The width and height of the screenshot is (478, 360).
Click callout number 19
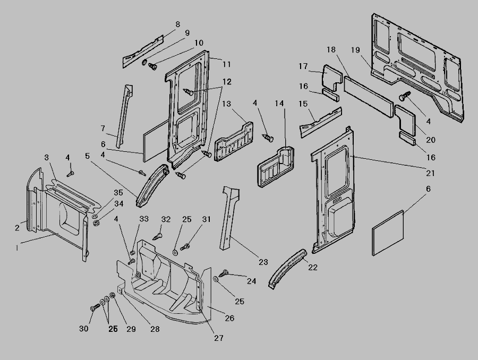click(355, 50)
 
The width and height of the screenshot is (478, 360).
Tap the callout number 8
click(177, 24)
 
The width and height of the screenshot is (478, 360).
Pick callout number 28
click(155, 329)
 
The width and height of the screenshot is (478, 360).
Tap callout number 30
click(84, 329)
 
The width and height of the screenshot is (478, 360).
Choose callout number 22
click(313, 267)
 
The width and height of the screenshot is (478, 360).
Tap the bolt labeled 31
click(186, 246)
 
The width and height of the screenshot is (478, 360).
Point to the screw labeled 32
click(158, 232)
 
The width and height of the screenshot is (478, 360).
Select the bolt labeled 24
click(225, 272)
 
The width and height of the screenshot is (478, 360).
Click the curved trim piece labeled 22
click(287, 268)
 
